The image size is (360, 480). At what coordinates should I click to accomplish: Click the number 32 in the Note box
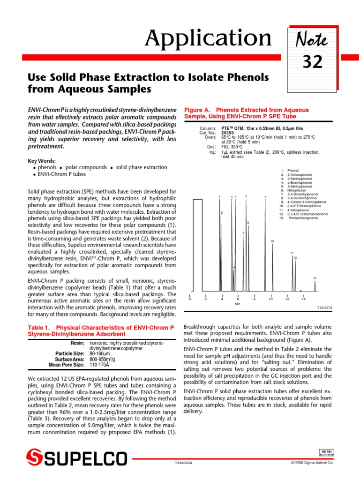coord(312,61)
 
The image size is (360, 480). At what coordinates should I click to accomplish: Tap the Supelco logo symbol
coord(35,458)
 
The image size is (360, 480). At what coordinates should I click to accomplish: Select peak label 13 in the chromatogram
coord(315,278)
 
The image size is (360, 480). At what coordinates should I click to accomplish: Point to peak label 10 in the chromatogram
coord(272,241)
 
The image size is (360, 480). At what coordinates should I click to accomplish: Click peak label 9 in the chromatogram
coord(265,197)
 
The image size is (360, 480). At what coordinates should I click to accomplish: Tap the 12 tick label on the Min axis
coord(287,299)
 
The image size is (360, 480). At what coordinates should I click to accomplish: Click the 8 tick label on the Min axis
coord(254,299)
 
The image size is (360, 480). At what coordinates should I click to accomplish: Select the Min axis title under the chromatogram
coord(237,304)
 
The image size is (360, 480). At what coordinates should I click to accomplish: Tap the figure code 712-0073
coord(325,308)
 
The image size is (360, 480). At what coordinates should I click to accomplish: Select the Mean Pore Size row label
coord(67,364)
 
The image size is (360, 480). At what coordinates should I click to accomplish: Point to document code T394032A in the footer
coord(183,463)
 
